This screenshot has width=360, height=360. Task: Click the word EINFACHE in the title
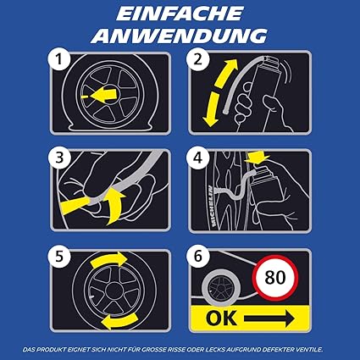[x=180, y=14]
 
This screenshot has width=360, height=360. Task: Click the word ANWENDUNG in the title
[x=179, y=36]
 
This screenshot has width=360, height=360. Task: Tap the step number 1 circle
[x=58, y=59]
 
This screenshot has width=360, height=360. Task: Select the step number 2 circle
[x=198, y=59]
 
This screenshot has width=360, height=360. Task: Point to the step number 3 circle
[x=58, y=158]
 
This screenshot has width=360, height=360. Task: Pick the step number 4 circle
[x=198, y=158]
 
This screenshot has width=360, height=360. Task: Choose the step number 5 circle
[x=58, y=257]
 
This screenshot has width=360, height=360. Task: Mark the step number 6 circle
[x=198, y=257]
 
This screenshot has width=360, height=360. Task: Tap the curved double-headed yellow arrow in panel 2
[x=216, y=91]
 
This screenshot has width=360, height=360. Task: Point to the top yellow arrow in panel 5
[x=109, y=260]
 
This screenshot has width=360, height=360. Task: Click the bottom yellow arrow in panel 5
[x=119, y=321]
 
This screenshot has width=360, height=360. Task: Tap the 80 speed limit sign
[x=275, y=278]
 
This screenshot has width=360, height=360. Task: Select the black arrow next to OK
[x=269, y=318]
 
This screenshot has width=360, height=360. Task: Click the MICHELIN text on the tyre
[x=213, y=206]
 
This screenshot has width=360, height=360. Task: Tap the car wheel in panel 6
[x=221, y=287]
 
